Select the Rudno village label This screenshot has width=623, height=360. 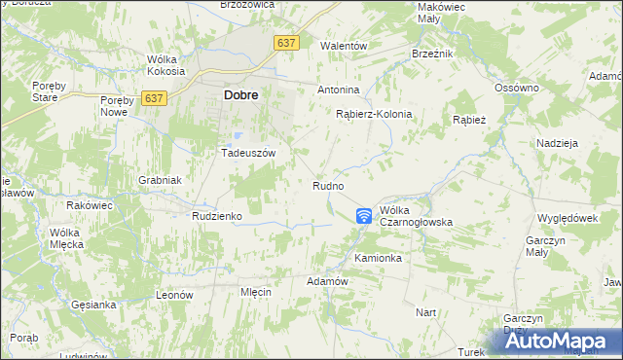[x=328, y=185]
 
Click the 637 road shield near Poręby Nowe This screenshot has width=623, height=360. [x=154, y=98]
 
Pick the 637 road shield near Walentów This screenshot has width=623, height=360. [x=286, y=44]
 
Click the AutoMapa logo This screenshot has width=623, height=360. [x=556, y=341]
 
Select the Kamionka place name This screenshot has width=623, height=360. [x=378, y=259]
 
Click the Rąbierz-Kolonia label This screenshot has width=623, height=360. [x=374, y=114]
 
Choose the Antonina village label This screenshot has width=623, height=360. [x=339, y=90]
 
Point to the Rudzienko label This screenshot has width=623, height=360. [x=216, y=216]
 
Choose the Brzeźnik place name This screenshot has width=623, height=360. [x=432, y=54]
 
